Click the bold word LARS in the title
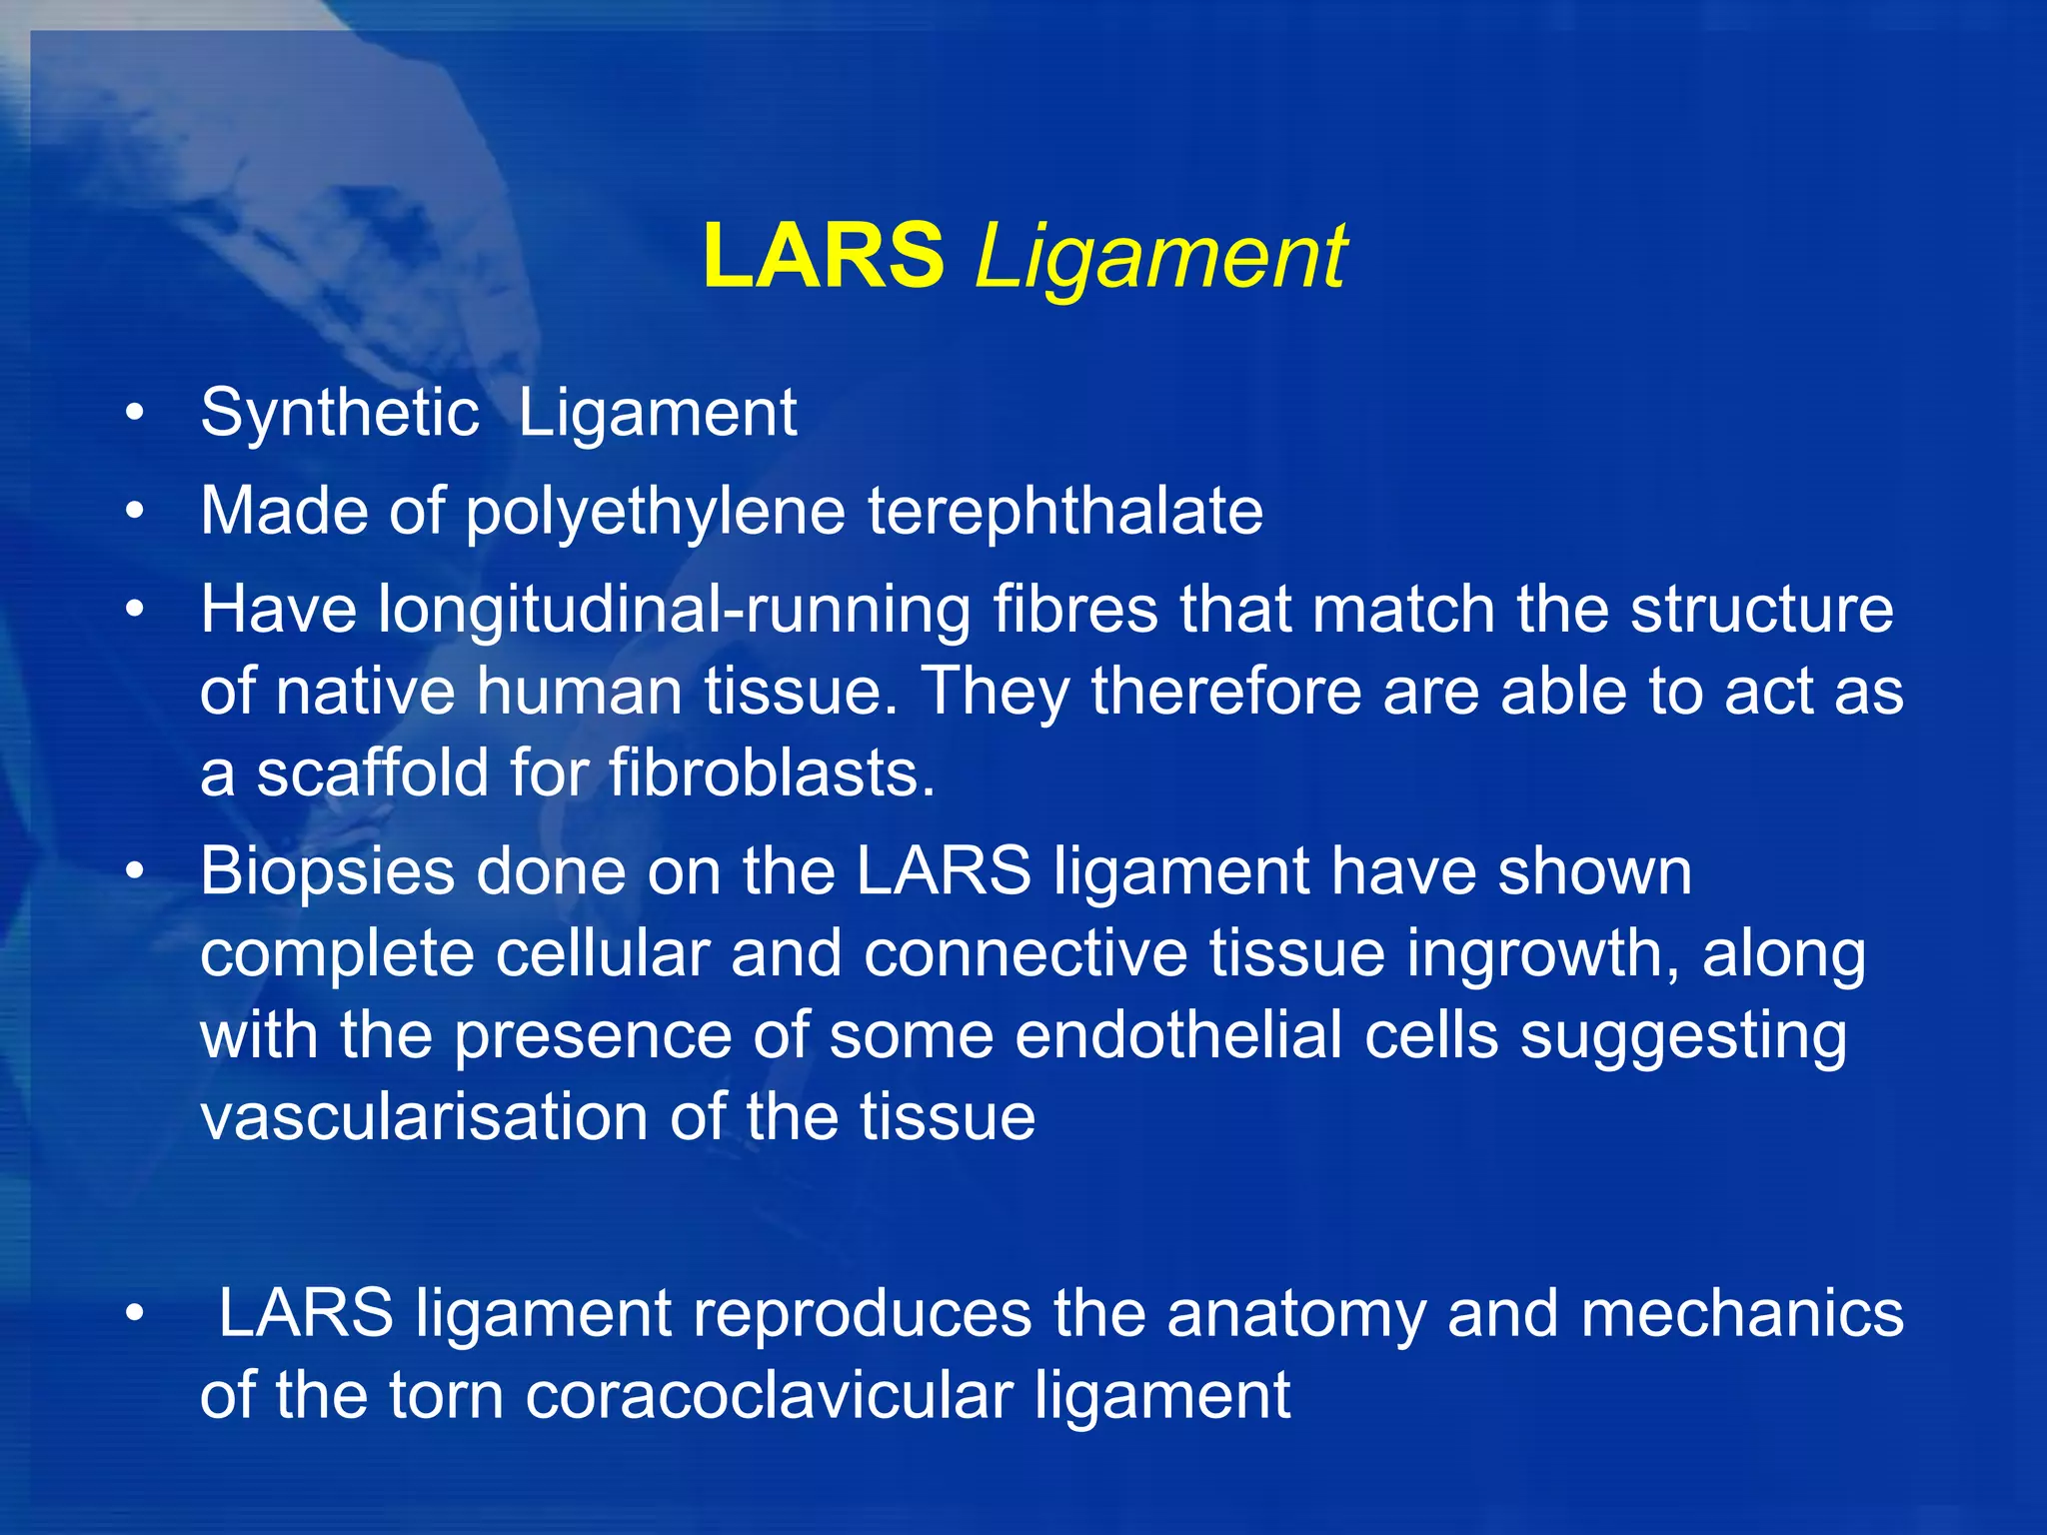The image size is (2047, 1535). (x=823, y=257)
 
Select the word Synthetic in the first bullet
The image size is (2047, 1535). (x=339, y=412)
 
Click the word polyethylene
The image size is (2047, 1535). (x=656, y=512)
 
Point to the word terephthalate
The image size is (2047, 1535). (x=1064, y=511)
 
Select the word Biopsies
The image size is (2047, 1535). (x=327, y=872)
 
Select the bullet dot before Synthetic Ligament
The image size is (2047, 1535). (x=135, y=413)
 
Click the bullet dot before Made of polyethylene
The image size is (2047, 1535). (x=135, y=512)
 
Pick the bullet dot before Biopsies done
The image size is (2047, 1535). (x=135, y=871)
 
